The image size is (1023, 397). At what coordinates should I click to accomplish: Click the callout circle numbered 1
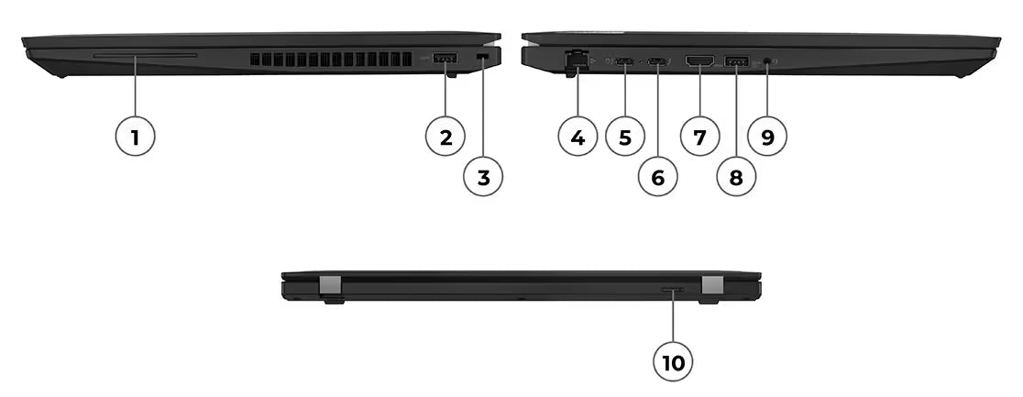pos(135,138)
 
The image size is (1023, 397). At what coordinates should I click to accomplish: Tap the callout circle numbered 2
pos(445,138)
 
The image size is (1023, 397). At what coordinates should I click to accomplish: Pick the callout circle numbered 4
pos(577,138)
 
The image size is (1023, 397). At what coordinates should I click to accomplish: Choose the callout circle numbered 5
pos(625,138)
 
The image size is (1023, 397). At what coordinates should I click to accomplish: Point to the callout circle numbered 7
pos(699,138)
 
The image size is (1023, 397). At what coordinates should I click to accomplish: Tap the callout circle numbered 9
pos(767,138)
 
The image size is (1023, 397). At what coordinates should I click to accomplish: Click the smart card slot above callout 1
pos(145,56)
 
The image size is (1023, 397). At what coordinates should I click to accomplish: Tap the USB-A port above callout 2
pos(445,61)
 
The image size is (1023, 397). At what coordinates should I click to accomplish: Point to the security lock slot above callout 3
pos(483,58)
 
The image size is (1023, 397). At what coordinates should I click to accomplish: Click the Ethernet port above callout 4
pos(577,61)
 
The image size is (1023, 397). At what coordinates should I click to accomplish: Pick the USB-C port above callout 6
pos(657,61)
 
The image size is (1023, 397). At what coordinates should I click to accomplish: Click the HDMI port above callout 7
pos(700,61)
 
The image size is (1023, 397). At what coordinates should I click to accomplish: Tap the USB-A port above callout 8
pos(736,61)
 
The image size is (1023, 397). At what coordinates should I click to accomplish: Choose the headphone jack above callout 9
pos(766,61)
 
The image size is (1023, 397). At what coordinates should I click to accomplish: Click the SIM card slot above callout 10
pos(672,290)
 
